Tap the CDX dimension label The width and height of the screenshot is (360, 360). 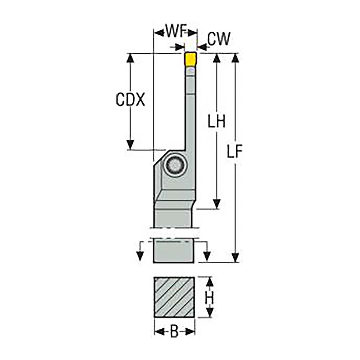[130, 100]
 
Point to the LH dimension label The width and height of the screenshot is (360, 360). [216, 122]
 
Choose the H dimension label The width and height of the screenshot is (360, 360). [210, 298]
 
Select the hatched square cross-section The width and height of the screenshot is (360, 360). [174, 297]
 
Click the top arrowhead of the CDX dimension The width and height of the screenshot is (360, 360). [130, 58]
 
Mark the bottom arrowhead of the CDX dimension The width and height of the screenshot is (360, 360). [130, 145]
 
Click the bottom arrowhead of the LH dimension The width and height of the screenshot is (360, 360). [216, 204]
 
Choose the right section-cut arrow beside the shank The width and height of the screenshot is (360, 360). [207, 254]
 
